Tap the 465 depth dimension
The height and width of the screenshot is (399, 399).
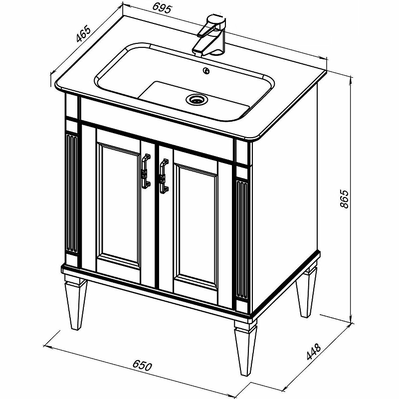pyautogui.click(x=83, y=33)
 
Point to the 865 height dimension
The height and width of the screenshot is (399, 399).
pyautogui.click(x=344, y=199)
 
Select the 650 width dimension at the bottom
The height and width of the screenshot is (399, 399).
pyautogui.click(x=142, y=366)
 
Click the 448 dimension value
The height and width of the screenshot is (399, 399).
pyautogui.click(x=314, y=352)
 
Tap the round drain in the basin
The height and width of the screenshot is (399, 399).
pyautogui.click(x=196, y=99)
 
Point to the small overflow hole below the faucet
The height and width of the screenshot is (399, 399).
pyautogui.click(x=206, y=71)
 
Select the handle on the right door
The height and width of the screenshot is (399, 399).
pyautogui.click(x=164, y=176)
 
